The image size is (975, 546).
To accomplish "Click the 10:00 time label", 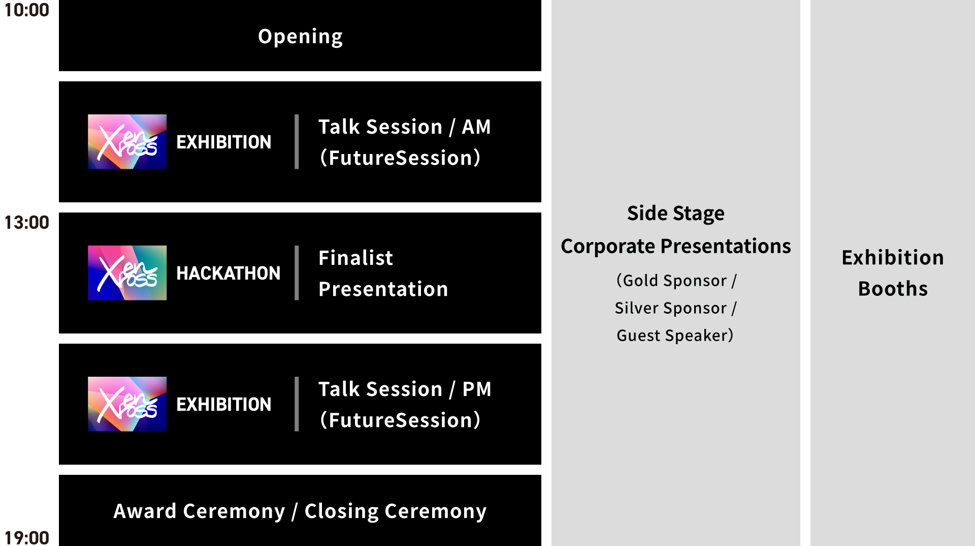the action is [26, 10].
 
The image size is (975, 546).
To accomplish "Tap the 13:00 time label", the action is [26, 223].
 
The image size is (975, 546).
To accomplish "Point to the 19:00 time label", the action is [26, 537].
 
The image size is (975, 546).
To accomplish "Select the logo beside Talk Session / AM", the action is [127, 142].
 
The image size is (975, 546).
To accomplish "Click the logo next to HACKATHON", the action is [127, 273].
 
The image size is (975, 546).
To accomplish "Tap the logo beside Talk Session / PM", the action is [127, 404].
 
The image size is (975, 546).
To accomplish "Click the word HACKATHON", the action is [228, 274].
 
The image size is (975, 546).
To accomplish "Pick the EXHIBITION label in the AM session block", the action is [223, 142].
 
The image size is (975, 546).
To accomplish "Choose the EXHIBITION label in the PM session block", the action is [223, 405].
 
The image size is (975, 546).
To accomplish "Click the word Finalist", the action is [355, 258].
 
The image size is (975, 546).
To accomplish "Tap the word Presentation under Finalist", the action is [383, 289].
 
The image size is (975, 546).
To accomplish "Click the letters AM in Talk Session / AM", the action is [476, 127].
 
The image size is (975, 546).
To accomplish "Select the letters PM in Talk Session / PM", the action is [477, 389].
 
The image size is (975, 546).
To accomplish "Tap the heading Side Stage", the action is [676, 214].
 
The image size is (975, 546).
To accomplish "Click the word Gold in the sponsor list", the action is [641, 281].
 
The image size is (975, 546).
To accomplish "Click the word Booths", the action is [893, 289].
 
